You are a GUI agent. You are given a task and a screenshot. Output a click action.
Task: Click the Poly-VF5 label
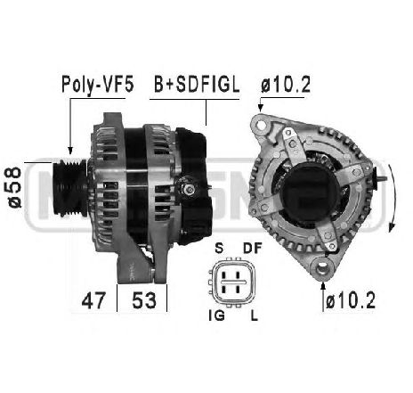[x=98, y=85]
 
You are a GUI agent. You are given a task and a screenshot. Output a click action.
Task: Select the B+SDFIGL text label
[x=197, y=85]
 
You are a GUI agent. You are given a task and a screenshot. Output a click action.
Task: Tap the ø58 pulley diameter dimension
[x=15, y=187]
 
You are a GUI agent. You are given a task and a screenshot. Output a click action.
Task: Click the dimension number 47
[x=93, y=300]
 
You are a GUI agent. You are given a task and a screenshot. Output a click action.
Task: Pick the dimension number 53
[x=144, y=300]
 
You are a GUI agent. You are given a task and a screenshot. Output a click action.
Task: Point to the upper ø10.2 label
[x=286, y=85]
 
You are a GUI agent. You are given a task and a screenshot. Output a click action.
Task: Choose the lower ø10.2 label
[x=351, y=300]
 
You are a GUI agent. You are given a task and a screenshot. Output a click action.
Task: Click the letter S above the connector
[x=219, y=248]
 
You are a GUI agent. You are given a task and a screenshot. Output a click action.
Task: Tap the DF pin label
[x=253, y=248]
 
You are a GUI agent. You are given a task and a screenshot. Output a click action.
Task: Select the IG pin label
[x=216, y=315]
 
